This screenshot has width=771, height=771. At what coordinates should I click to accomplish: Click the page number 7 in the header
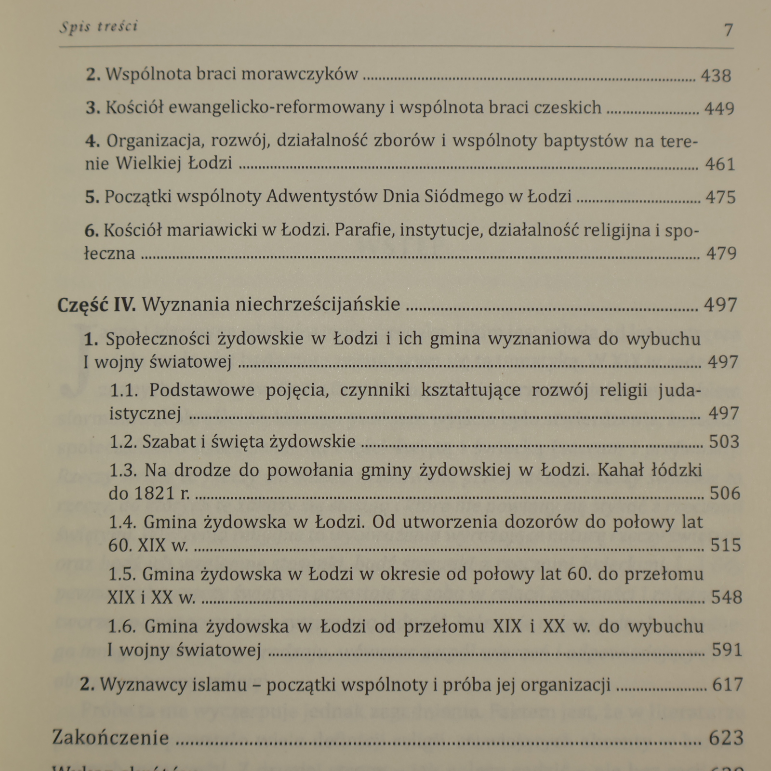pos(728,30)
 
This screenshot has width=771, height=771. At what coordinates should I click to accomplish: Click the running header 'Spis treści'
pos(98,27)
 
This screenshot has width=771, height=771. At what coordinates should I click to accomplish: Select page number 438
pos(716,76)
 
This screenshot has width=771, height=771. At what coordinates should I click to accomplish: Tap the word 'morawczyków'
pos(299,74)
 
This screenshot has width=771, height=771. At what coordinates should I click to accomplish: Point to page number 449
pos(719,108)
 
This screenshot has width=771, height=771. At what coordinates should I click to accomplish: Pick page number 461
pos(720,164)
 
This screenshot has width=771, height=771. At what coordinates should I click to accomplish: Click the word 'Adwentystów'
pos(321,197)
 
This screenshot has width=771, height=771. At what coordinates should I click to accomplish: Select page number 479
pos(721,253)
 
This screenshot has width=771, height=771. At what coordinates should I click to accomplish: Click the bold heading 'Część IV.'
pos(96,305)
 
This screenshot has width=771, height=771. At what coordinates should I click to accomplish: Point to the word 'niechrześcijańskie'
pos(271,304)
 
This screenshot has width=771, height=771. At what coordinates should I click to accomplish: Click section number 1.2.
pos(123,441)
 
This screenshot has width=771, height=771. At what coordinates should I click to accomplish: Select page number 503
pos(724,441)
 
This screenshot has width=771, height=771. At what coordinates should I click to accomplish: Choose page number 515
pos(725,545)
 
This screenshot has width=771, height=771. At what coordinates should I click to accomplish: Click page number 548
pos(727,598)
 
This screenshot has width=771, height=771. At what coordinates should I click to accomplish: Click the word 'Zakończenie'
pos(111,738)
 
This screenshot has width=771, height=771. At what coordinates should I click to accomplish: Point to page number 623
pos(726,738)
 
